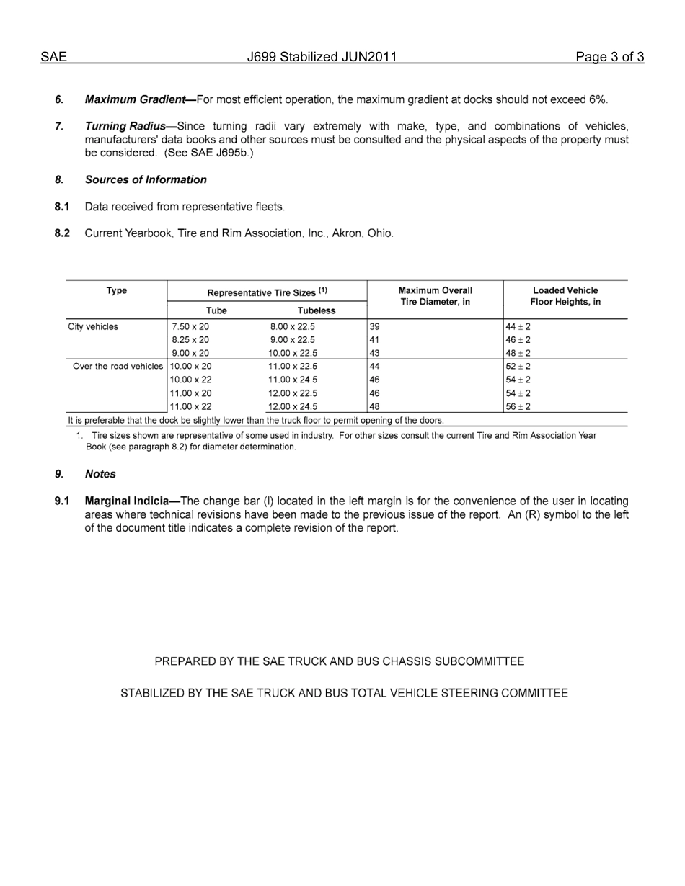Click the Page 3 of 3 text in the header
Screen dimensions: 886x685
point(609,58)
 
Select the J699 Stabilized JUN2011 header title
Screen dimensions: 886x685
point(322,58)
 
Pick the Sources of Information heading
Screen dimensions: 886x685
point(146,180)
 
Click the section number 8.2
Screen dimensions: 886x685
point(62,233)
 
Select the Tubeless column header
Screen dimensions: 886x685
point(317,310)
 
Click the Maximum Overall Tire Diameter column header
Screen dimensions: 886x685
point(435,296)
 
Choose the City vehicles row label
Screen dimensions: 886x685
point(93,326)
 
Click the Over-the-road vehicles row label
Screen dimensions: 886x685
point(118,367)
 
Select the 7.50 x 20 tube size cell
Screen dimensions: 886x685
point(190,326)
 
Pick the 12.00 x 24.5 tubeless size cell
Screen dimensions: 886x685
point(293,407)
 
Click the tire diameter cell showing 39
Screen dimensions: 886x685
point(375,326)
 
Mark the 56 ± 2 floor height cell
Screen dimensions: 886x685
point(518,407)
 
